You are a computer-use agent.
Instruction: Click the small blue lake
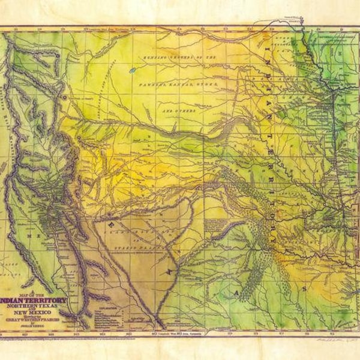pyautogui.click(x=132, y=70)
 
